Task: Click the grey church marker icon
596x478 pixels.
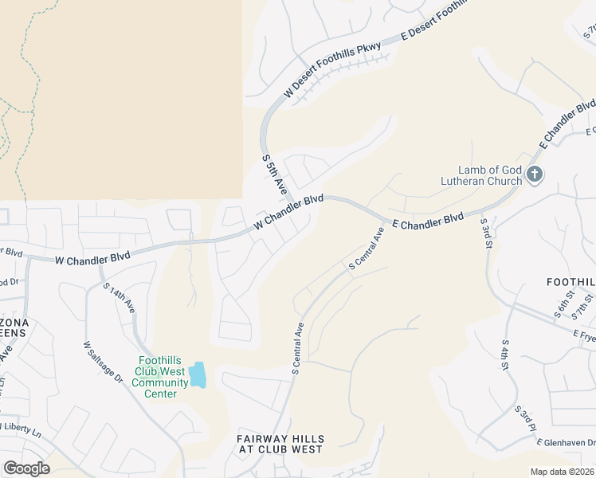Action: point(535,174)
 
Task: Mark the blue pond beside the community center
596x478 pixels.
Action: point(197,374)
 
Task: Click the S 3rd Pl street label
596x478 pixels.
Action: point(526,419)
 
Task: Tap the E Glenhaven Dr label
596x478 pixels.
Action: point(566,443)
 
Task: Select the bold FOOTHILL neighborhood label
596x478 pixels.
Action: point(571,282)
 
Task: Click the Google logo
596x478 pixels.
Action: point(26,468)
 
